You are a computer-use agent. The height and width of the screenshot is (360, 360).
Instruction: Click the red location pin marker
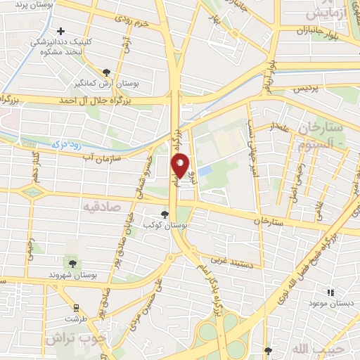tap(181, 165)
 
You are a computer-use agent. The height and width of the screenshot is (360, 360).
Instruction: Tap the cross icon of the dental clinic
tap(62, 32)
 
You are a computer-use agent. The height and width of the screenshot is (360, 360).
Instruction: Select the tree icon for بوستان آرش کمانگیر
tap(106, 72)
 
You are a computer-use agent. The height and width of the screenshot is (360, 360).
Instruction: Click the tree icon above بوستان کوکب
tap(165, 214)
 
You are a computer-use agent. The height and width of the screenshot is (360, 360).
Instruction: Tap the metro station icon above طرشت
tap(75, 307)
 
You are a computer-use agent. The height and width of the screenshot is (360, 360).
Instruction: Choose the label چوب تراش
tap(71, 338)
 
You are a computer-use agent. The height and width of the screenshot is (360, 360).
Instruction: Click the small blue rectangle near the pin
tap(205, 171)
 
